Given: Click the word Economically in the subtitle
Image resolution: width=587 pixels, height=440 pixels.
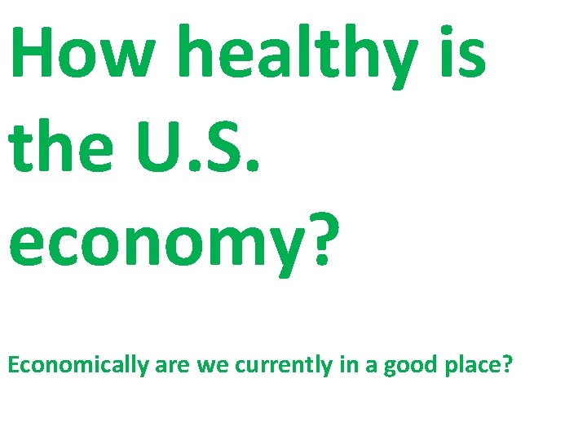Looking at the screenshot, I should point(77,365).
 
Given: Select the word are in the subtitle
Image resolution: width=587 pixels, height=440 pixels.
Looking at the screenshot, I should point(173,365).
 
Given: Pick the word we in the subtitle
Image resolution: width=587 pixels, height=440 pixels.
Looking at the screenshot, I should point(214,365).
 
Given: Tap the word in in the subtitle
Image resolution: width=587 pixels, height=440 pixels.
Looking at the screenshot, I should point(347,364).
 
